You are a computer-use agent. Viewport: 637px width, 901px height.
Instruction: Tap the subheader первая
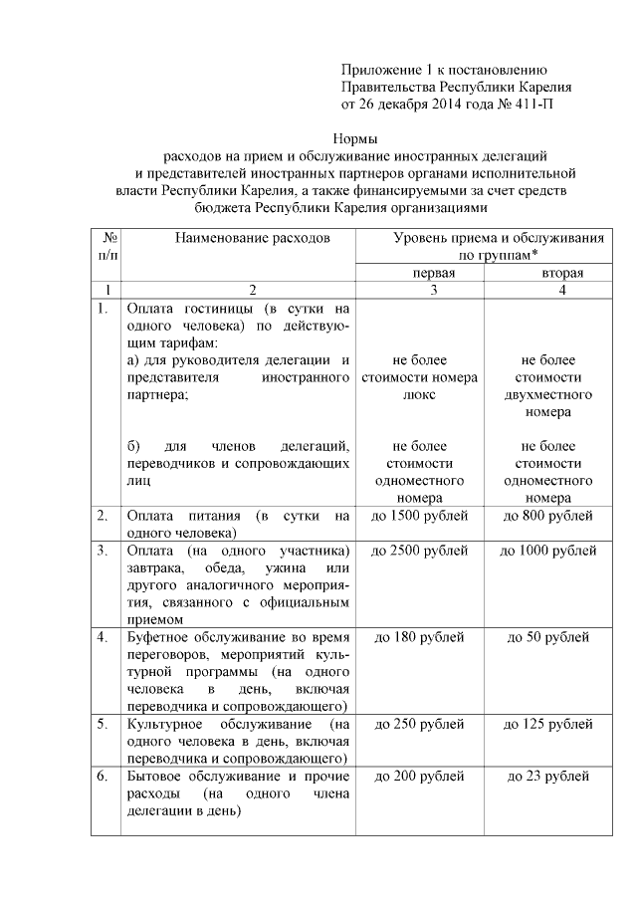(x=420, y=272)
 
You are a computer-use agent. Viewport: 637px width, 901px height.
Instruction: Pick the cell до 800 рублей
(x=549, y=516)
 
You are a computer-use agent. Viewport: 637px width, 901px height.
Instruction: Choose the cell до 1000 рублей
(x=549, y=551)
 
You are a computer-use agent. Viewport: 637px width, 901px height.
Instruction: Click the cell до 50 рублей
(x=549, y=637)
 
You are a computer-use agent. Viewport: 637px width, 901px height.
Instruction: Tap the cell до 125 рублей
(x=549, y=724)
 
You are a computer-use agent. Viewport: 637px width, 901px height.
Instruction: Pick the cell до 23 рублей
(x=549, y=776)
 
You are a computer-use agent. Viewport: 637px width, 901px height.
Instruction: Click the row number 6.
(x=102, y=776)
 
